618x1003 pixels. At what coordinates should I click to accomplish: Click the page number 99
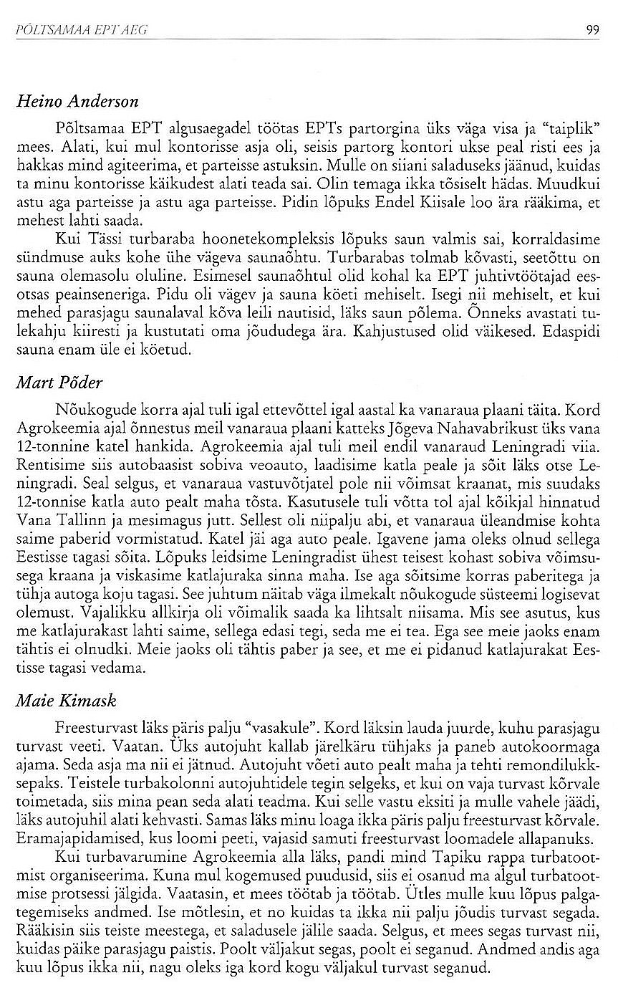592,29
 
